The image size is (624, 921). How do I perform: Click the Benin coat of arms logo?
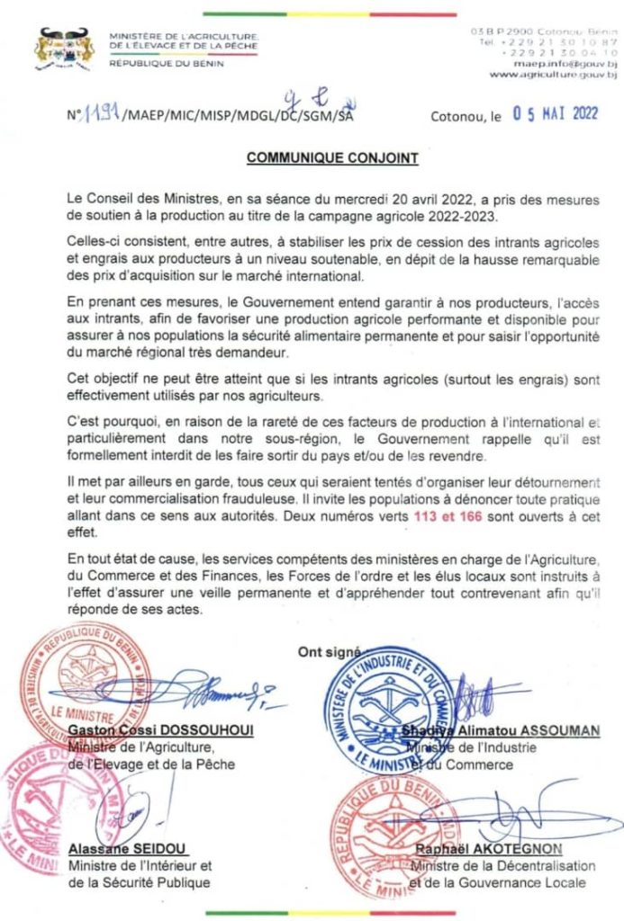[64, 49]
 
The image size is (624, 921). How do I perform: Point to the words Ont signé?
[329, 652]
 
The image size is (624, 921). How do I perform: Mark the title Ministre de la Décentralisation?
[504, 866]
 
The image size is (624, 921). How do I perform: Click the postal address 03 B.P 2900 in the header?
[499, 32]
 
